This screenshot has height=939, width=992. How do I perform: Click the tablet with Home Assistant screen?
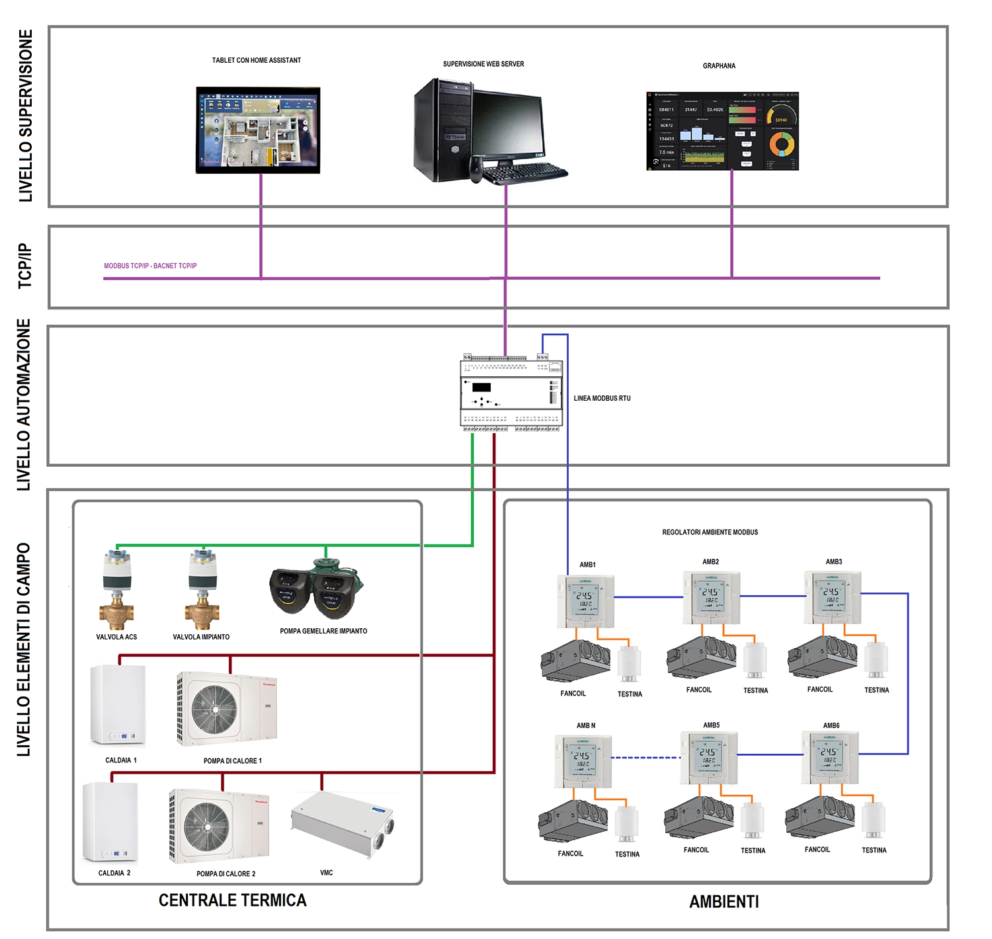click(258, 130)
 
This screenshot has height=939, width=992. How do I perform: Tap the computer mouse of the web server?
click(476, 169)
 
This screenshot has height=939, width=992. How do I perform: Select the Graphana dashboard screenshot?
click(722, 131)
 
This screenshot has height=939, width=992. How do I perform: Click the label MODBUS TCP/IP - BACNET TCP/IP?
click(150, 266)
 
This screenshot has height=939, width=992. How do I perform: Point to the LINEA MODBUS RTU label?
click(602, 398)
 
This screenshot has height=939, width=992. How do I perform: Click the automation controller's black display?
click(481, 388)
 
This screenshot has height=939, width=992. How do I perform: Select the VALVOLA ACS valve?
click(117, 589)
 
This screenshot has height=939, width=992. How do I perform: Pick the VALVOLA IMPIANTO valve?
click(202, 589)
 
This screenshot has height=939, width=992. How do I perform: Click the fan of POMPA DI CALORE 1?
click(214, 709)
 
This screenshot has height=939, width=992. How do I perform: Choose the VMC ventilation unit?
click(343, 823)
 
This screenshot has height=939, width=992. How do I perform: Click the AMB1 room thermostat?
click(586, 600)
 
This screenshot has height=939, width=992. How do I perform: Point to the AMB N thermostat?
click(583, 760)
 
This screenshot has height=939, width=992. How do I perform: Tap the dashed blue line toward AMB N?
click(645, 757)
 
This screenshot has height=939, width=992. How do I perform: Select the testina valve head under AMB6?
click(874, 820)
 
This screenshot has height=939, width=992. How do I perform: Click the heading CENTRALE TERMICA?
click(233, 900)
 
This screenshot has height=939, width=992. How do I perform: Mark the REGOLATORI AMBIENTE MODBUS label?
click(710, 532)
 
